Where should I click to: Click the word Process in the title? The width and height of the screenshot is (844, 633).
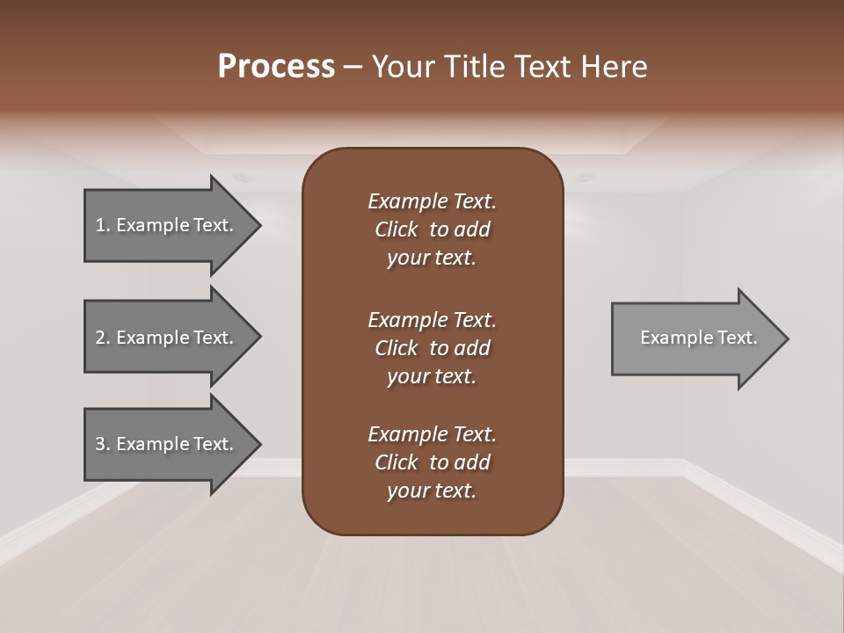coord(276,67)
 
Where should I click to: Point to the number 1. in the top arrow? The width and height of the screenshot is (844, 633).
coord(102,225)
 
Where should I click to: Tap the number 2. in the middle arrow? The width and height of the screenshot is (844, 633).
coord(102,338)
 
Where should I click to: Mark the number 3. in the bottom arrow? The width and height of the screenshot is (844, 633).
coord(102,444)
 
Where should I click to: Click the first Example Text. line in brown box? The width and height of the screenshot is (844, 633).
coord(432,201)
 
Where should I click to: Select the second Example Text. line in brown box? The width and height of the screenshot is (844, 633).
coord(432,319)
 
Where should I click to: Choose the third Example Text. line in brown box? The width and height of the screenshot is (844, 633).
coord(432,434)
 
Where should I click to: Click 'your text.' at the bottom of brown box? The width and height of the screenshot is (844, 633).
coord(432,491)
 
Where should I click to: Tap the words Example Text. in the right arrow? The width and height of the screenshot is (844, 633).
coord(699,338)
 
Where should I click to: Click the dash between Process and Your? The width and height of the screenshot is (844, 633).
coord(353,67)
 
